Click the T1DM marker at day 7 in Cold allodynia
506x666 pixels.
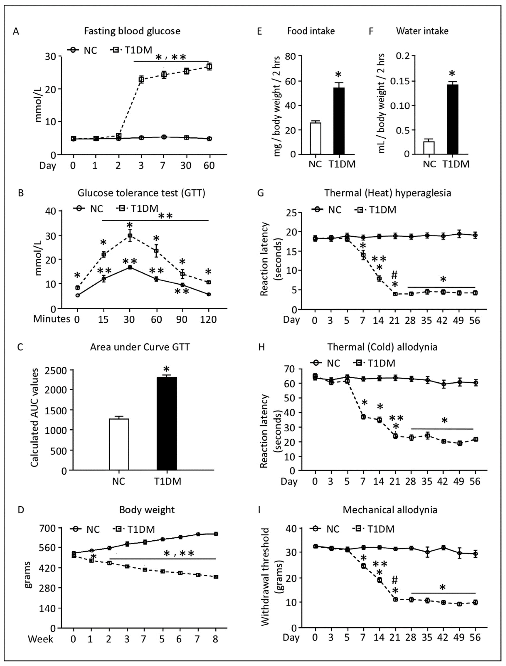[x=363, y=417]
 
